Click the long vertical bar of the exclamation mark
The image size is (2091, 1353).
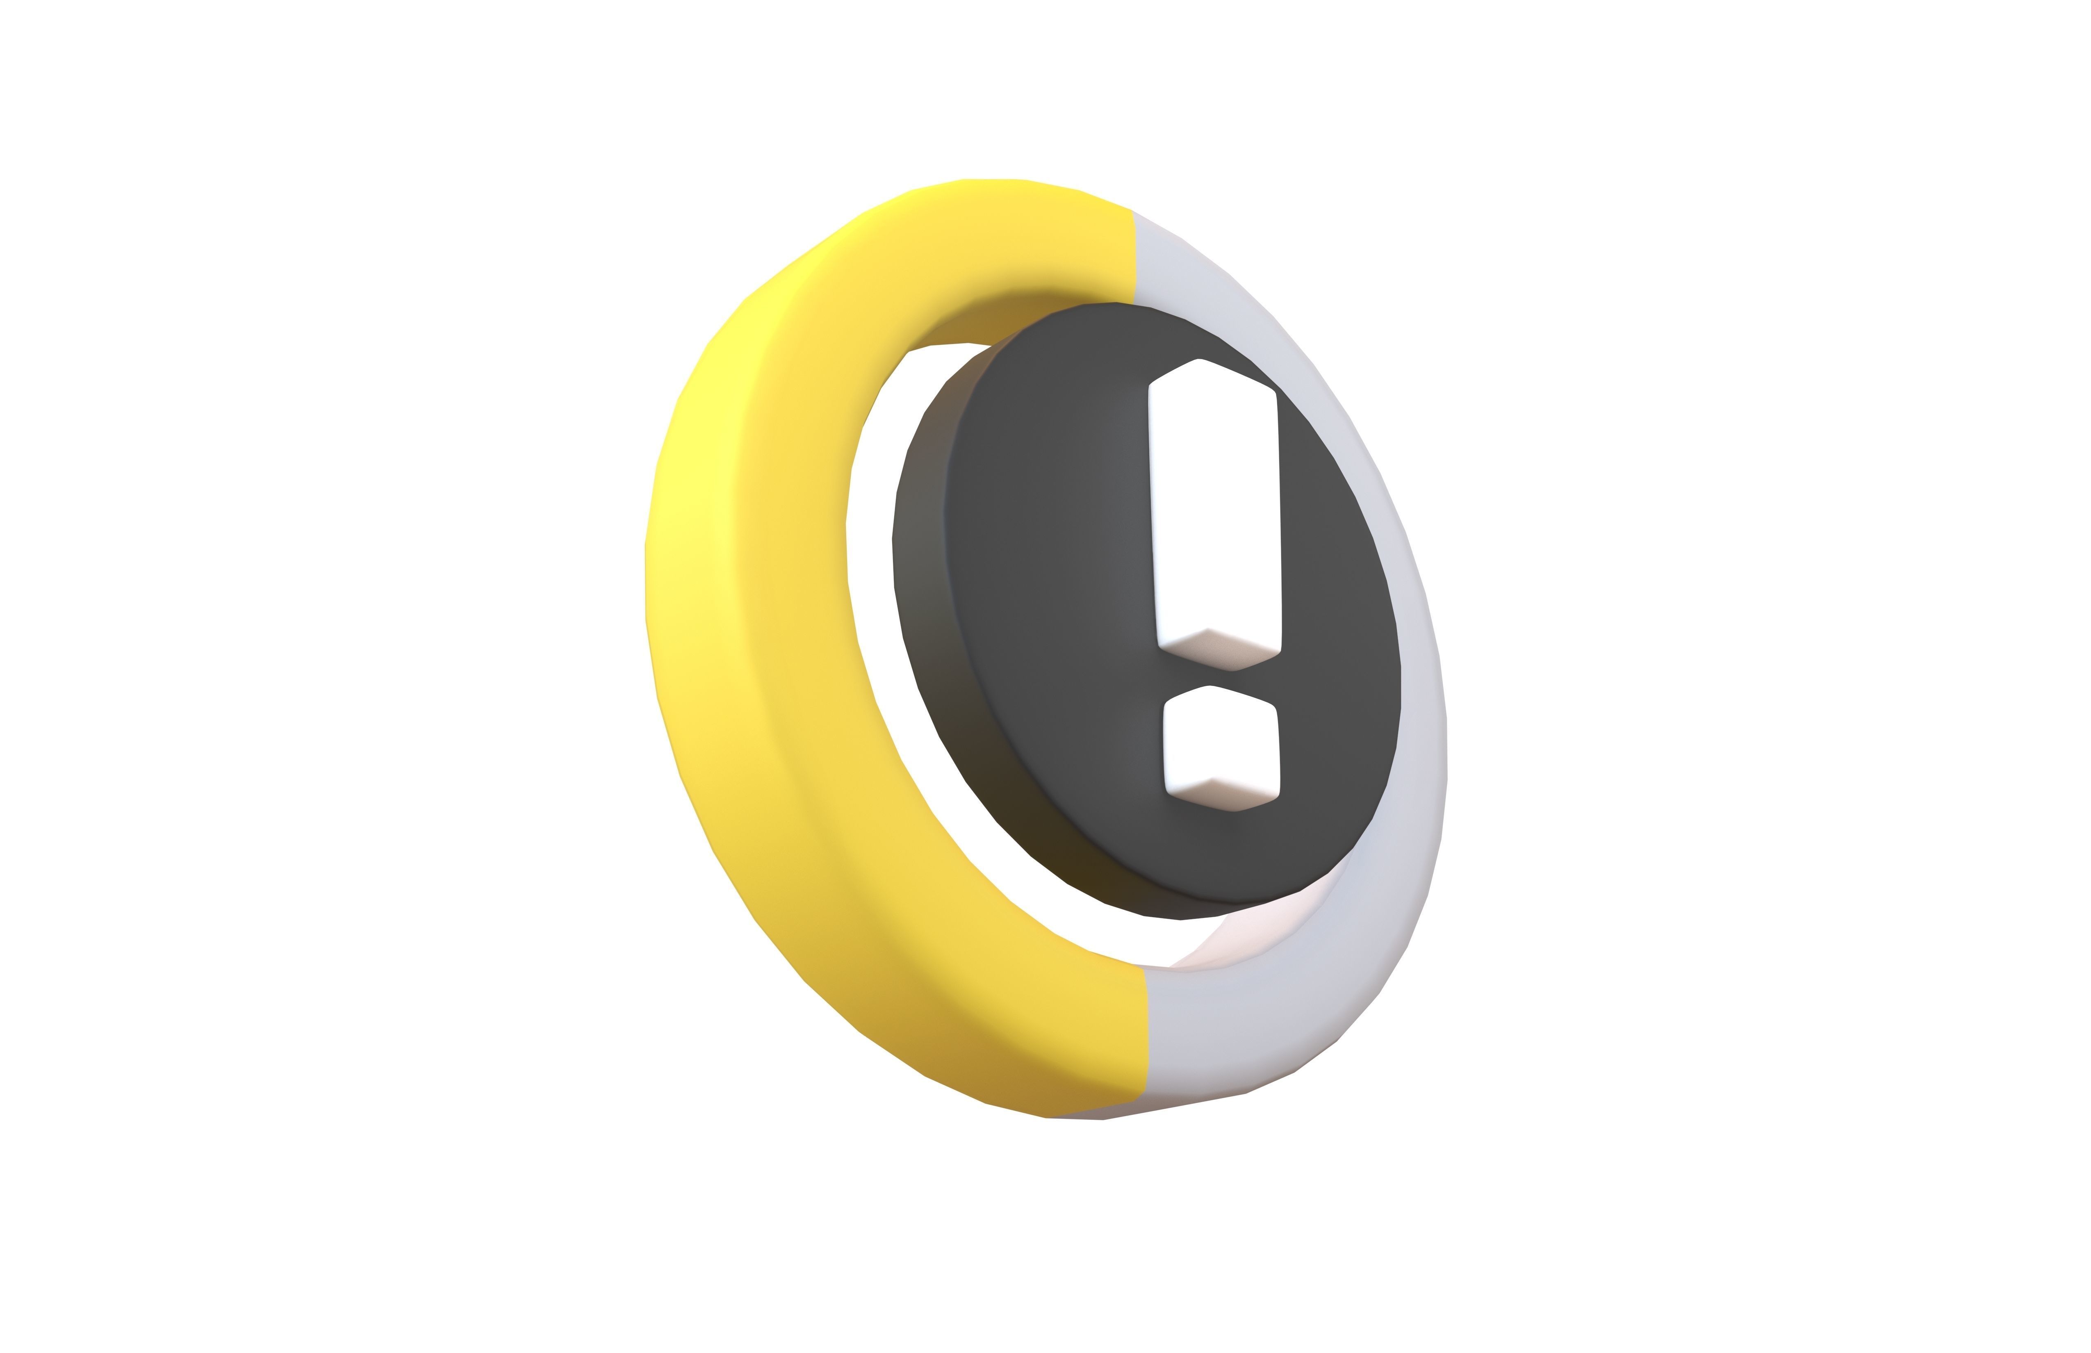(x=1214, y=510)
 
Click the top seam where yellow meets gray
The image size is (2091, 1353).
(x=1135, y=255)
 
